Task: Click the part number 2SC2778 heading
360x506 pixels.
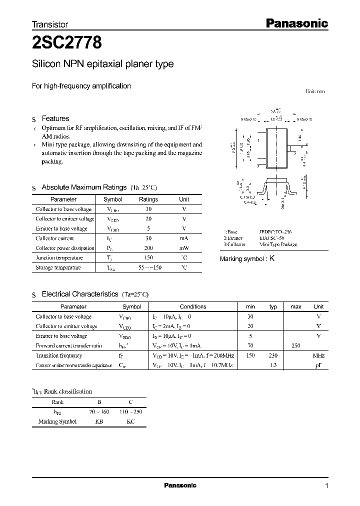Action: (67, 43)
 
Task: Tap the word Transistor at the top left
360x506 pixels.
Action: (50, 24)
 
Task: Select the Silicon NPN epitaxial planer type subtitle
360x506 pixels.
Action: (102, 64)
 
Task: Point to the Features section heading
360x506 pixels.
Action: (55, 118)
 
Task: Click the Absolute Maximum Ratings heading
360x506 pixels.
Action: (83, 187)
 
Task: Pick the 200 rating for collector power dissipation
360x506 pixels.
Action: (148, 248)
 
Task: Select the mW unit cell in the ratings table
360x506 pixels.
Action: (184, 248)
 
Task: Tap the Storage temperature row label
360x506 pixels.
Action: (58, 267)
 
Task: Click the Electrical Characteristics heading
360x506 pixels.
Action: (79, 294)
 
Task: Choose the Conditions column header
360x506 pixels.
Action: (192, 306)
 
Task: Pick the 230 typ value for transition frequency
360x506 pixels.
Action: (273, 355)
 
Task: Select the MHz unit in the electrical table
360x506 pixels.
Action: (318, 355)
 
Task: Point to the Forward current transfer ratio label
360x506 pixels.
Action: (68, 346)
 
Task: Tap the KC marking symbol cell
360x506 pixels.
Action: (130, 421)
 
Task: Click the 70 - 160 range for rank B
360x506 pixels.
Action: (99, 412)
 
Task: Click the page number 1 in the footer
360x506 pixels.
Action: (326, 485)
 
